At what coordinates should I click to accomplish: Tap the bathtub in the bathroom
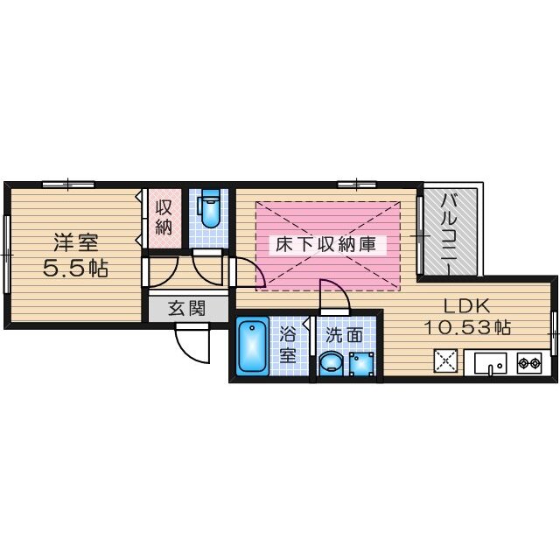253,345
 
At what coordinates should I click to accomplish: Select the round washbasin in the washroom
331,364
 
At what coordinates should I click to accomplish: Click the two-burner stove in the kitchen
528,363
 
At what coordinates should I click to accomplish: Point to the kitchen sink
490,364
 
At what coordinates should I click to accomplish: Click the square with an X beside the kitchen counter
445,360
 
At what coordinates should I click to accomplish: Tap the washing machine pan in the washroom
361,364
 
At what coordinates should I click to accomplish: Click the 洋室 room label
76,242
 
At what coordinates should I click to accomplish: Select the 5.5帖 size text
75,268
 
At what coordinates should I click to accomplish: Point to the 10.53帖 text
466,327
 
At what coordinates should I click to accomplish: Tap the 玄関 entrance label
186,309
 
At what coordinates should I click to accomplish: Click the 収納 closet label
164,217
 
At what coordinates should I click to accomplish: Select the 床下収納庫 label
325,245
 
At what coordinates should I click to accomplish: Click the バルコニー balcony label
449,234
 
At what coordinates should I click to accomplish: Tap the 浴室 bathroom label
288,346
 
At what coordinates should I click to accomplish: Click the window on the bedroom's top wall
68,185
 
